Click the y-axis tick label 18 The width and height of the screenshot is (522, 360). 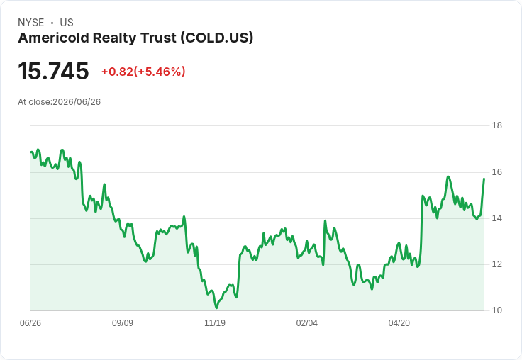[496, 125]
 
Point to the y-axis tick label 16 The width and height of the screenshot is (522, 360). [496, 172]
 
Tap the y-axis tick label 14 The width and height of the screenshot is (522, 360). [496, 218]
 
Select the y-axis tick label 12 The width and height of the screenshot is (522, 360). [496, 264]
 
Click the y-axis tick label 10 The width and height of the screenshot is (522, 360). [496, 310]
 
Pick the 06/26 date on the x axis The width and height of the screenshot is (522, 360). [30, 322]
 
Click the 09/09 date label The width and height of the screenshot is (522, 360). [123, 322]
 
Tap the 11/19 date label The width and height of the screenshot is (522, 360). [215, 322]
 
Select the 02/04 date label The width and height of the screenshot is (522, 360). [307, 322]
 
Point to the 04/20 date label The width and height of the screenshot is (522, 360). [399, 322]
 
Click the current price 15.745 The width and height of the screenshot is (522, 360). [53, 71]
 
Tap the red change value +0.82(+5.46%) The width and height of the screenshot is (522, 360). [143, 72]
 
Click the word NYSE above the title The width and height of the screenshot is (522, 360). [31, 23]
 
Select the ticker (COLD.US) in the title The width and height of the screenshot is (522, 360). [217, 38]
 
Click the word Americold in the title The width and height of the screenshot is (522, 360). [54, 38]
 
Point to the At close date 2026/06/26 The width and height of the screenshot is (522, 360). [77, 102]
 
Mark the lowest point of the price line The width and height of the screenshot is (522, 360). [217, 308]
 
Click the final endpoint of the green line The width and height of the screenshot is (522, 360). [484, 179]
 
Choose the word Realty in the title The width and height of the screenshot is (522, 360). [115, 38]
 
